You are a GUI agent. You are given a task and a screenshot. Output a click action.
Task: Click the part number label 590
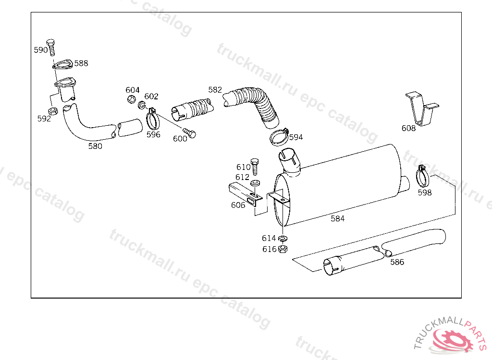pos(41,50)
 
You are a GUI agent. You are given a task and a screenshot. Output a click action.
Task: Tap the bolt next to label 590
pos(51,48)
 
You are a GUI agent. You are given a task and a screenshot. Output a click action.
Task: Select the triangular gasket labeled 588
pos(62,64)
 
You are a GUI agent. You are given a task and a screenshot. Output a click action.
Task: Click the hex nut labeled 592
pos(53,111)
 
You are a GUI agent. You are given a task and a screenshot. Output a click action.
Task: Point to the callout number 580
pos(95,146)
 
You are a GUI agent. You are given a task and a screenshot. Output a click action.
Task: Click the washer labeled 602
pos(142,105)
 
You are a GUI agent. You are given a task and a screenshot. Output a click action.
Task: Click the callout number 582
pos(215,90)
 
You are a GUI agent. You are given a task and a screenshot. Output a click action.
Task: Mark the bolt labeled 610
pos(255,167)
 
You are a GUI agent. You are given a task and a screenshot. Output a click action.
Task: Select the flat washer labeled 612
pos(256,182)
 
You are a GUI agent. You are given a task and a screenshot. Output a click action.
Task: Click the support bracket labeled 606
pos(245,194)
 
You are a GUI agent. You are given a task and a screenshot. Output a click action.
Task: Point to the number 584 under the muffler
pos(338,218)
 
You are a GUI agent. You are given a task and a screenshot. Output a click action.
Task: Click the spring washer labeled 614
pos(283,239)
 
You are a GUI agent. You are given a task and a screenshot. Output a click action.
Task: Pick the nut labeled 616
pos(283,249)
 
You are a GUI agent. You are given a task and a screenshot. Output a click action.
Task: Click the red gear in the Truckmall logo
pos(452,340)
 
